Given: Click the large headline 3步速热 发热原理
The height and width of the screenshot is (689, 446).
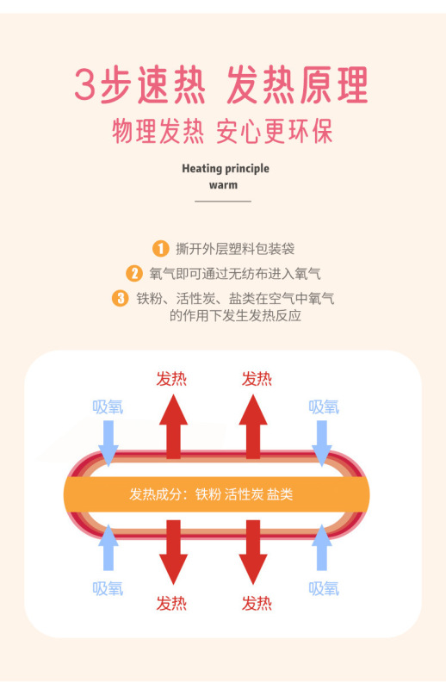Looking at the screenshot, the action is click(221, 85).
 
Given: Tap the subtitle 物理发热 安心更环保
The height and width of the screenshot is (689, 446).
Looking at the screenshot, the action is click(222, 131).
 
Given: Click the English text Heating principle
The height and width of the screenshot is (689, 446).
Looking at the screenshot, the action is click(226, 169).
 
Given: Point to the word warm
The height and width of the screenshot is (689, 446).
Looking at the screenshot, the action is click(223, 185).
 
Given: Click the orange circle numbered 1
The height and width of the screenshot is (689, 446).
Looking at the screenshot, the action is click(160, 248).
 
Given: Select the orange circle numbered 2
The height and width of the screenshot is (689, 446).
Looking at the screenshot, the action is click(134, 273).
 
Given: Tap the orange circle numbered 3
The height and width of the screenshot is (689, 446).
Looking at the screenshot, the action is click(120, 298).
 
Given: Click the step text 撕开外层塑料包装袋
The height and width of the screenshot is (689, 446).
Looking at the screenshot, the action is click(235, 249).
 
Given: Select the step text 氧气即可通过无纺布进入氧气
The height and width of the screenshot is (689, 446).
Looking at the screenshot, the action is click(235, 273).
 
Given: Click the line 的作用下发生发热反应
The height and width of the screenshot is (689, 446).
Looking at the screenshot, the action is click(236, 315).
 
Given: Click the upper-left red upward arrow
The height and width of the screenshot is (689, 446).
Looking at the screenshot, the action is click(174, 426).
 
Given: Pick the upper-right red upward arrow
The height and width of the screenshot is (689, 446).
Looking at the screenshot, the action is click(253, 426).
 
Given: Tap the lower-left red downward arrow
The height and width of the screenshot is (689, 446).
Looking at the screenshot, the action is click(174, 552).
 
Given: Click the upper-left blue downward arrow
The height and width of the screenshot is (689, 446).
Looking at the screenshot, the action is click(108, 443).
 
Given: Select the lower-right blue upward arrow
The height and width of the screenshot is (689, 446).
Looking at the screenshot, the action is click(322, 547).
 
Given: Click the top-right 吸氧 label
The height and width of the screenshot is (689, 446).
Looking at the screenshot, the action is click(324, 407).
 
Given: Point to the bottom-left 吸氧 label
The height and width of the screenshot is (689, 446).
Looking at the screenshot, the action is click(108, 588).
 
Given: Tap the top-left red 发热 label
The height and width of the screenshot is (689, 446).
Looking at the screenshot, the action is click(171, 378).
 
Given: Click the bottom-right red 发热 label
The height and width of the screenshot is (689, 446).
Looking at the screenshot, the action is click(257, 604).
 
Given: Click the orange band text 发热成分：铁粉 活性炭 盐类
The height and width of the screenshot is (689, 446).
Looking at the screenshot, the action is click(211, 494).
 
